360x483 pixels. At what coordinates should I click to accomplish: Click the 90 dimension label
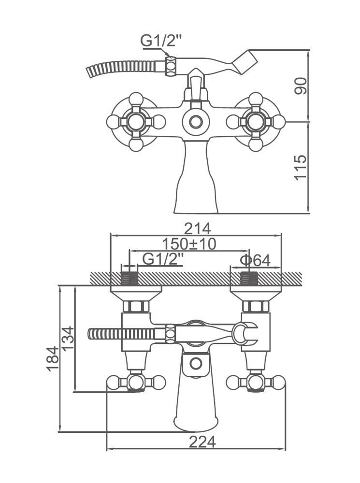301,86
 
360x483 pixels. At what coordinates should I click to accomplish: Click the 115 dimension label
301,168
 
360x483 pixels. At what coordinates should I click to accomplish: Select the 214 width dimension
197,229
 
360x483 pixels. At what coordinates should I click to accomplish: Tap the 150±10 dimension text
189,244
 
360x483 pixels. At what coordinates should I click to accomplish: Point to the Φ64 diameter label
255,260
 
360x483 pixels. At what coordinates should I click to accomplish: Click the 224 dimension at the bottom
202,442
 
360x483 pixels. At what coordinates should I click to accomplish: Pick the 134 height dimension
68,339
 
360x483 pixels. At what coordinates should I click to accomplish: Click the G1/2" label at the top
160,41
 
